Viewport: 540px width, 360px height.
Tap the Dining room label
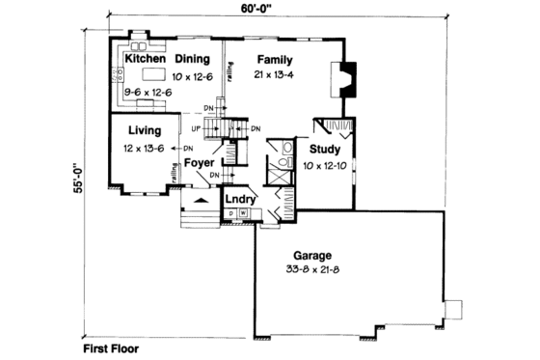point(193,58)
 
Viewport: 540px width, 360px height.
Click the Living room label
point(143,130)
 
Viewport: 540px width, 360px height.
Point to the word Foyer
point(199,162)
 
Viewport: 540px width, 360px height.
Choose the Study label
point(325,149)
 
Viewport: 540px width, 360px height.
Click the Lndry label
point(239,200)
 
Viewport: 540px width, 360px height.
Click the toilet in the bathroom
point(287,148)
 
